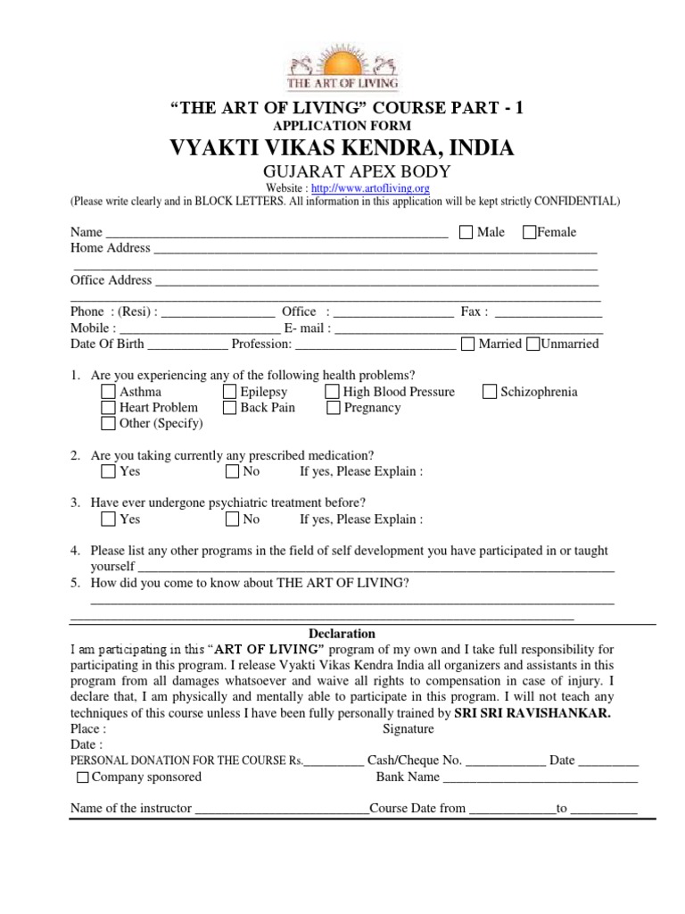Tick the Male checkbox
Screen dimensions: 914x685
point(466,233)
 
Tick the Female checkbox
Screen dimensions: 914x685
point(530,233)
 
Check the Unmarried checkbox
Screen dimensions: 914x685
point(533,345)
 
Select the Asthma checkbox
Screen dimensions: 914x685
point(108,392)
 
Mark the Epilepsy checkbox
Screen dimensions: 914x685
point(229,392)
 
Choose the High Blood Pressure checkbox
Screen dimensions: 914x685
point(332,392)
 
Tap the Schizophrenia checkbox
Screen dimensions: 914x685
point(490,392)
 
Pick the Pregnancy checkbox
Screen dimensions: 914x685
point(332,408)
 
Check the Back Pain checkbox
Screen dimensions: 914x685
point(229,408)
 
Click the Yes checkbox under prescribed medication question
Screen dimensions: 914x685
point(108,471)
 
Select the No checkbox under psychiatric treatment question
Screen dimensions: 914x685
point(232,519)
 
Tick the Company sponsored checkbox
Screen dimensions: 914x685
point(83,777)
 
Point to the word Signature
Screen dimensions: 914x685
point(408,729)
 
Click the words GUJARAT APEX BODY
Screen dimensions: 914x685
point(342,170)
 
